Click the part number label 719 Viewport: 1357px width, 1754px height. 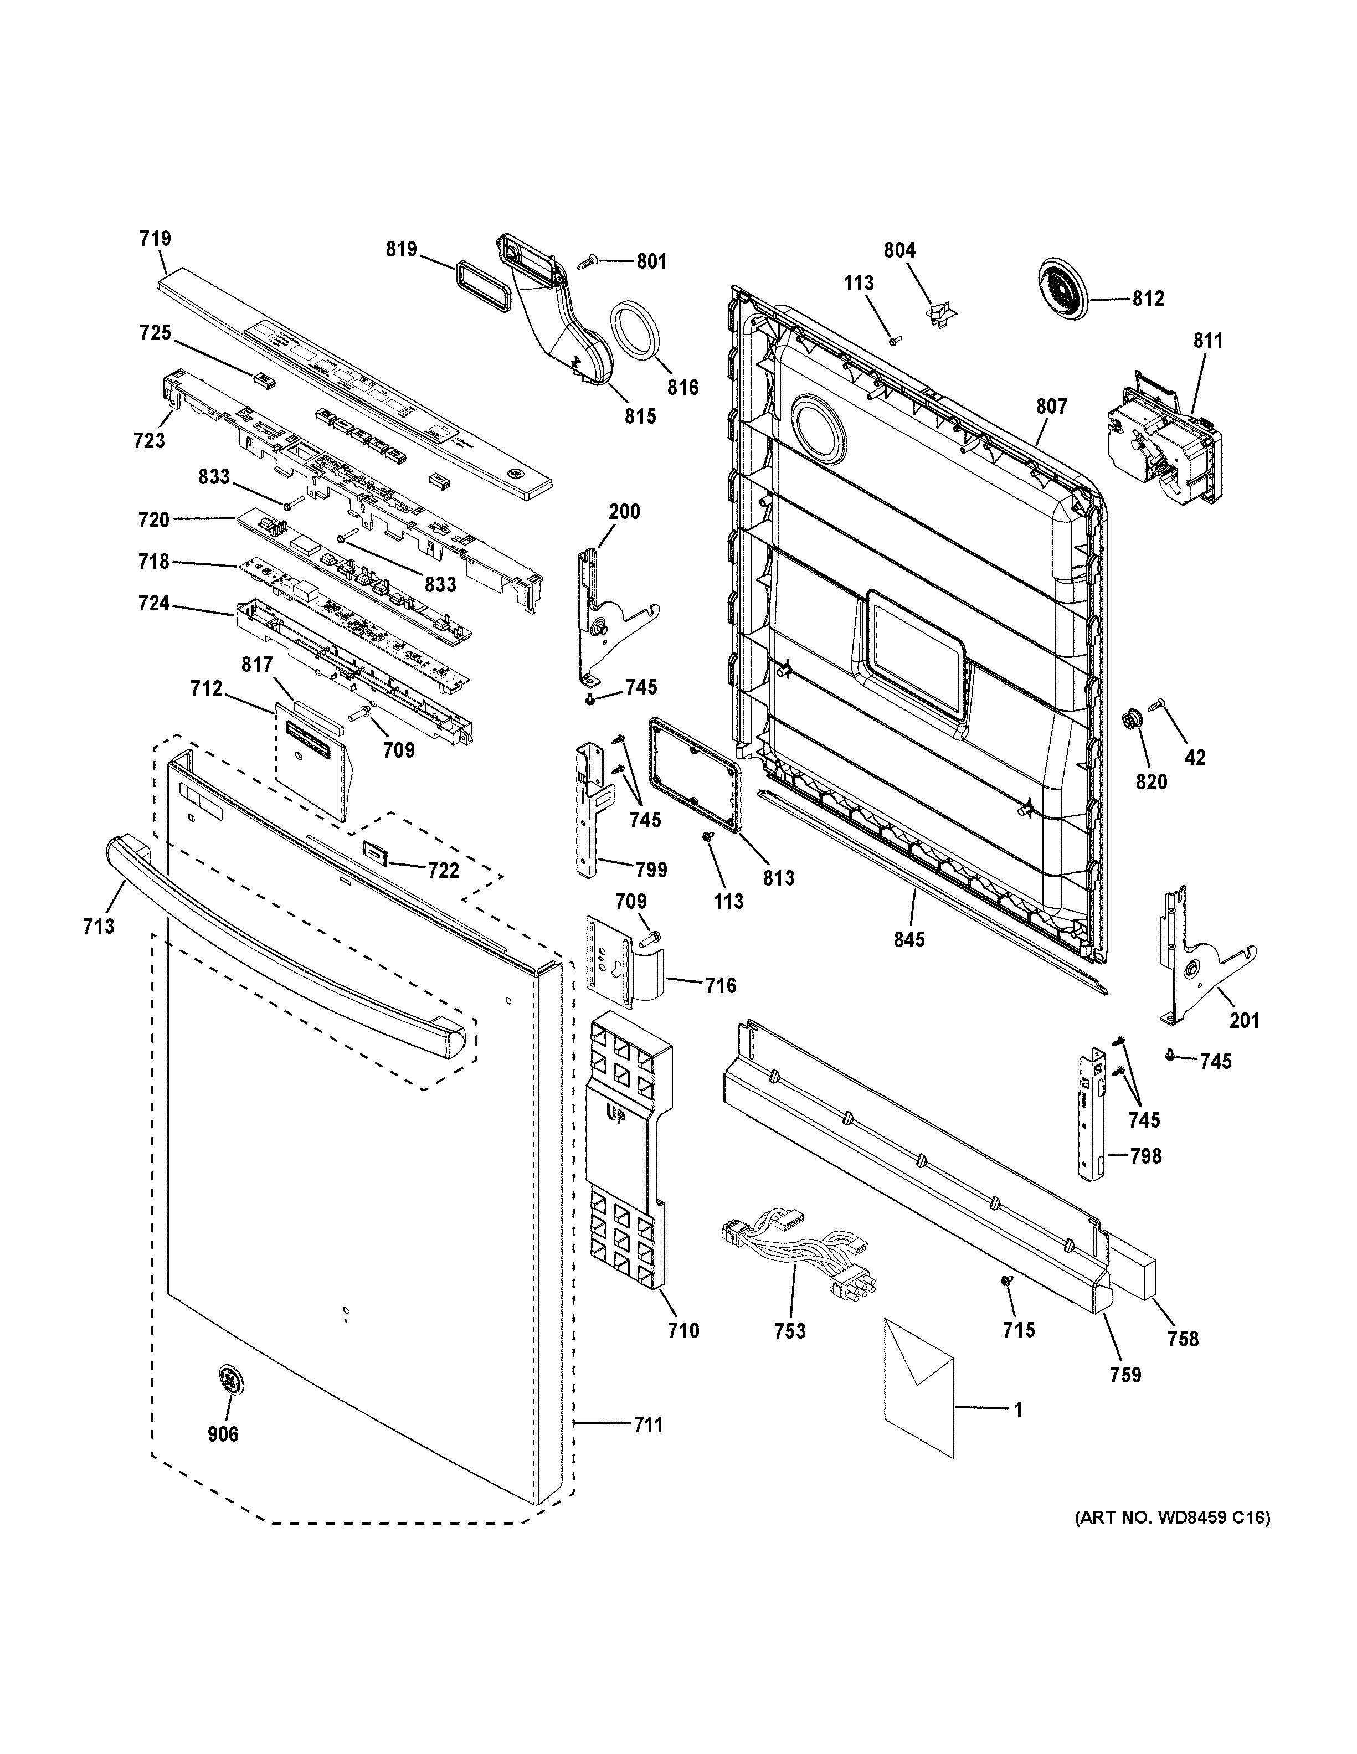(x=155, y=239)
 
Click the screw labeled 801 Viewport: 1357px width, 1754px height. (x=587, y=262)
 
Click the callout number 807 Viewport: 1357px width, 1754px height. (x=1051, y=407)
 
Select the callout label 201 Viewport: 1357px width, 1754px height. (x=1245, y=1020)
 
